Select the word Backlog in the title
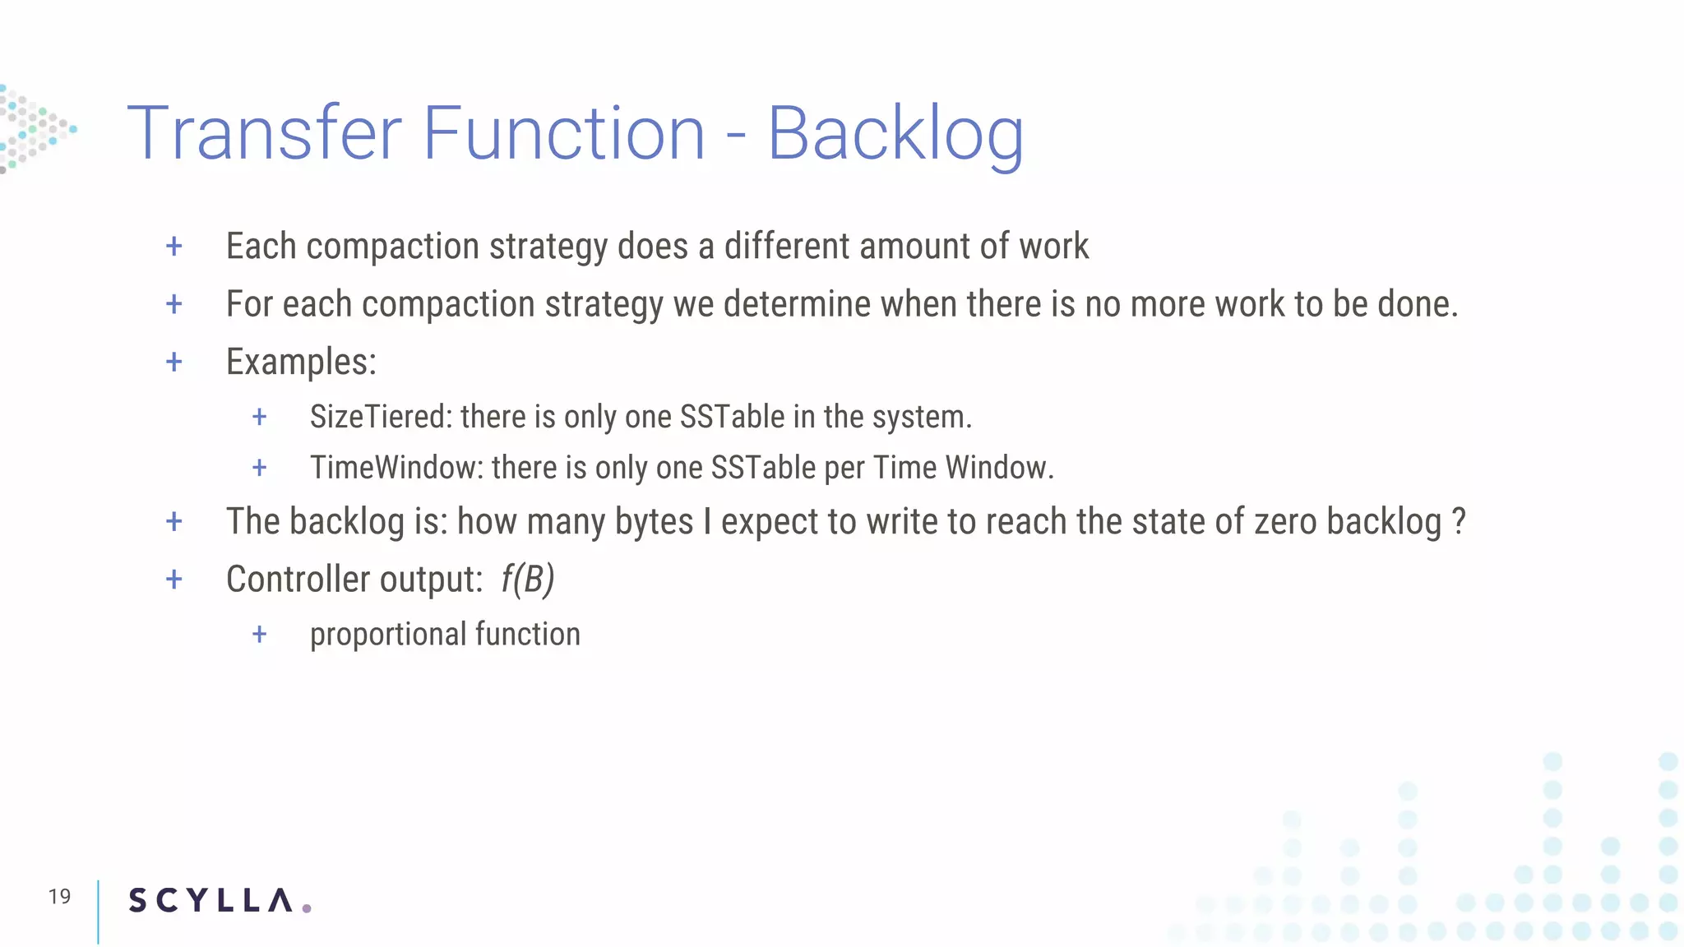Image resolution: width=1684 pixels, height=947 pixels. pyautogui.click(x=895, y=135)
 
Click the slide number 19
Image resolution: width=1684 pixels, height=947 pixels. pyautogui.click(x=59, y=897)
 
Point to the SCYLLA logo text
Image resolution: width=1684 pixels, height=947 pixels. pyautogui.click(x=210, y=901)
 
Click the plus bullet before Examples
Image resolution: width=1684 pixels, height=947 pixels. pyautogui.click(x=174, y=362)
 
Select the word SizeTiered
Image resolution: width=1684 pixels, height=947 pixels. pyautogui.click(x=381, y=417)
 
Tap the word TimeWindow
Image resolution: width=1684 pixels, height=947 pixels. pyautogui.click(x=396, y=468)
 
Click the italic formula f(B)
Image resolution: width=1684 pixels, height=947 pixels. pyautogui.click(x=527, y=580)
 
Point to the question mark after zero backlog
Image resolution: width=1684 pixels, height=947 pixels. pyautogui.click(x=1459, y=521)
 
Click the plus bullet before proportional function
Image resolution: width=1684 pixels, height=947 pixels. pyautogui.click(x=260, y=634)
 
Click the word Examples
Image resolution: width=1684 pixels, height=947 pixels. pyautogui.click(x=301, y=363)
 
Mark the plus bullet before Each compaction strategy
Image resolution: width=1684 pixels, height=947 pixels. pyautogui.click(x=174, y=246)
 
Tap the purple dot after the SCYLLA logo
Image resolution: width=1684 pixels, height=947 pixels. pyautogui.click(x=307, y=908)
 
